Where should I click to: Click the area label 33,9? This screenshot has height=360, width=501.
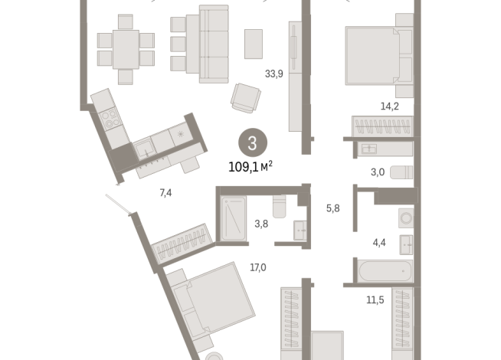pyautogui.click(x=273, y=74)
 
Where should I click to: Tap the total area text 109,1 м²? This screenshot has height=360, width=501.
pyautogui.click(x=250, y=167)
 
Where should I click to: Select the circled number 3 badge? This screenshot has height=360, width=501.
pyautogui.click(x=253, y=142)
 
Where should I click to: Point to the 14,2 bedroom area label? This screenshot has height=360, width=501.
pyautogui.click(x=389, y=106)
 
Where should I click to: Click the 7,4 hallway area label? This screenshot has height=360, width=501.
pyautogui.click(x=165, y=193)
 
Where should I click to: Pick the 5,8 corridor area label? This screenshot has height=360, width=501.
pyautogui.click(x=332, y=208)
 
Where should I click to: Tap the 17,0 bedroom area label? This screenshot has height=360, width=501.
pyautogui.click(x=258, y=267)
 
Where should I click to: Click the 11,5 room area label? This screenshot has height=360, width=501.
pyautogui.click(x=375, y=300)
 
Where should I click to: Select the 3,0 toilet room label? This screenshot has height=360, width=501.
pyautogui.click(x=378, y=172)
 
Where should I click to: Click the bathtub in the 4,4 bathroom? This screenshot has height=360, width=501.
pyautogui.click(x=385, y=271)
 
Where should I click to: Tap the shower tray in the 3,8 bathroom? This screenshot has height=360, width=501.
pyautogui.click(x=234, y=218)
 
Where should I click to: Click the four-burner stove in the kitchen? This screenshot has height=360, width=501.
pyautogui.click(x=110, y=118)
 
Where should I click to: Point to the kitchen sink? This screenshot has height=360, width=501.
pyautogui.click(x=145, y=150)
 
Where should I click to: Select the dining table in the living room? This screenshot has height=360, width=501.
pyautogui.click(x=126, y=50)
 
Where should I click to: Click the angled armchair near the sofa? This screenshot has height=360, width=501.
pyautogui.click(x=246, y=98)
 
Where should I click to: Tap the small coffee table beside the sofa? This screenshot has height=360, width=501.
pyautogui.click(x=254, y=44)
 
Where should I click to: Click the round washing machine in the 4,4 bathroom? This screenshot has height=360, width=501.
pyautogui.click(x=406, y=218)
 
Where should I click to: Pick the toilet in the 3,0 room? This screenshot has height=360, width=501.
pyautogui.click(x=401, y=172)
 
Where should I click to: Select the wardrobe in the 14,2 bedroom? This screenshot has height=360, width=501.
pyautogui.click(x=382, y=126)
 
